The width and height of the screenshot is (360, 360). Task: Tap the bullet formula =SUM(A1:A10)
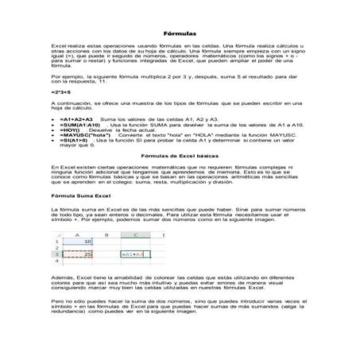click(x=79, y=124)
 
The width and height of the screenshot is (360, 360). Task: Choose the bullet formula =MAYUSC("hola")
click(x=82, y=136)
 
